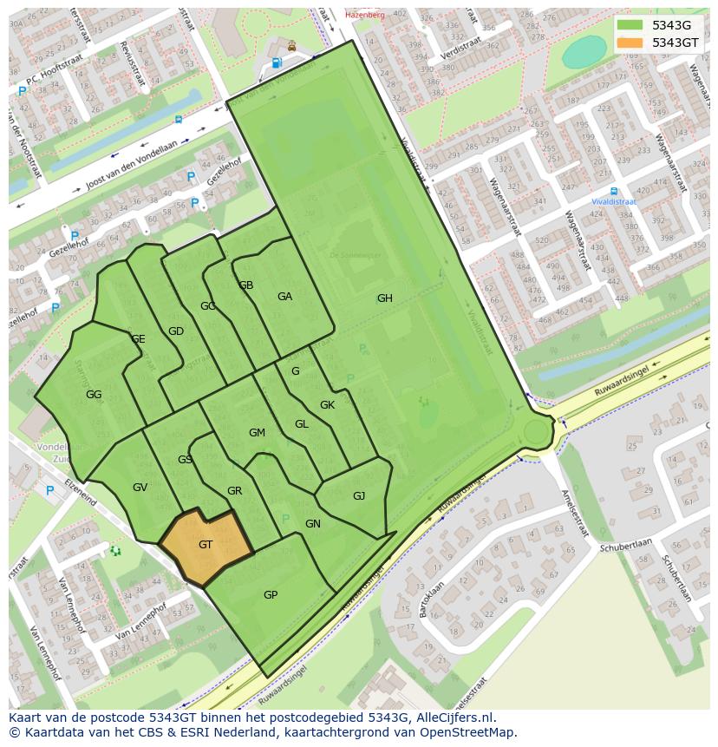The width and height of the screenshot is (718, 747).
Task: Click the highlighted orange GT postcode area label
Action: click(206, 545)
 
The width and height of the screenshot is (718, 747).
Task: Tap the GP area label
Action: click(271, 595)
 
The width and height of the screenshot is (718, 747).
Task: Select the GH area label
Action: click(384, 298)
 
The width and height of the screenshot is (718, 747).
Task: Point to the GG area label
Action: click(94, 395)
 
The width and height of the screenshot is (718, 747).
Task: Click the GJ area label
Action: click(359, 496)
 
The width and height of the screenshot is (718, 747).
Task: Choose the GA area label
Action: click(284, 297)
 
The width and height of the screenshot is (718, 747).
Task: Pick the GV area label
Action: click(140, 488)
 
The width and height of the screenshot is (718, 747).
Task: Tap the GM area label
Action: click(257, 433)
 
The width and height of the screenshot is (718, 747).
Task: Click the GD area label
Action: click(176, 331)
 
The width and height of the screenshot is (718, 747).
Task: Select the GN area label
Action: click(313, 524)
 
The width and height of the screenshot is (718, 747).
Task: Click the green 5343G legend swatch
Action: click(630, 25)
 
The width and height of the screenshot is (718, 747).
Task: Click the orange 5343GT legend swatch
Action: click(630, 43)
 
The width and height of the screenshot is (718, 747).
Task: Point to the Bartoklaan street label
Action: click(424, 600)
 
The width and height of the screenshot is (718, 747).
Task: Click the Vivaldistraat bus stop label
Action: click(614, 201)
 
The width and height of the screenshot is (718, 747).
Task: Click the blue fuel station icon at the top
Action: click(277, 62)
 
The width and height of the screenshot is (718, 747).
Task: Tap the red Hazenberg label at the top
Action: click(364, 15)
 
